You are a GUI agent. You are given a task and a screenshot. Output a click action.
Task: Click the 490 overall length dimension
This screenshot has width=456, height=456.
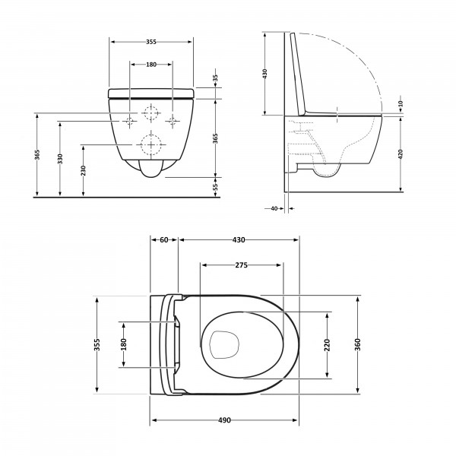224,420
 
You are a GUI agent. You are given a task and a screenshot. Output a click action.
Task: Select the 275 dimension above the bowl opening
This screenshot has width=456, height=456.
242,265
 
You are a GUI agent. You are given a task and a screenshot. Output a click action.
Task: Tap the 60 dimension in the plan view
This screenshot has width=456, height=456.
164,239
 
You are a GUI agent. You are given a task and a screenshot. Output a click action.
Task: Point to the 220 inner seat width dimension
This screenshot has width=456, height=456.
327,345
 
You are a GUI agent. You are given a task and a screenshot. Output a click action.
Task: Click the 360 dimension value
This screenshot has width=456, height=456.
358,344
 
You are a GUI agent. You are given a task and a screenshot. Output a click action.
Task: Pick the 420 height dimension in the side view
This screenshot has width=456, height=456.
401,154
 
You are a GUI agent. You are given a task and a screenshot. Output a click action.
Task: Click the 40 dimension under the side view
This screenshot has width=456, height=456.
274,208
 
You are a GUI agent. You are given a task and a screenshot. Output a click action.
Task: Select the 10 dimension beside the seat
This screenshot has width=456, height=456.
401,103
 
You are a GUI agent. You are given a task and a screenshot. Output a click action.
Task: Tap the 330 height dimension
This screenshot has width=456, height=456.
60,159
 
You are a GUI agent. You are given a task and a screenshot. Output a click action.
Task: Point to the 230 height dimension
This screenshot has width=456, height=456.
84,171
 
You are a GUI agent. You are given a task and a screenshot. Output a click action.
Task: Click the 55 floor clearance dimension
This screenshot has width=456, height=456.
216,186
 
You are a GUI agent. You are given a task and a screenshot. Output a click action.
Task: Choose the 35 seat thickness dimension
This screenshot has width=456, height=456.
215,78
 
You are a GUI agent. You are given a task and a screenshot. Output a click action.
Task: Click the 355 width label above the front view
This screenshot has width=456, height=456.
151,42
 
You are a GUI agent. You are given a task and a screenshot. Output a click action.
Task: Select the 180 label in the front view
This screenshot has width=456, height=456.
151,65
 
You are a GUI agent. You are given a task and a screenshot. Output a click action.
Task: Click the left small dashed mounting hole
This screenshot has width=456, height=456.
130,121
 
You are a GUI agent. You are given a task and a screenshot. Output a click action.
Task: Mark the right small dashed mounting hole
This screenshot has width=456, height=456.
173,121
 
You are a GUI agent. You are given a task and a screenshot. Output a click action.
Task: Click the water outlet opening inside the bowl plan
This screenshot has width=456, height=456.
224,345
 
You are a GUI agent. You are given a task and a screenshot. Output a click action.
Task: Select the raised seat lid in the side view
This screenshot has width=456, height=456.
297,73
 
